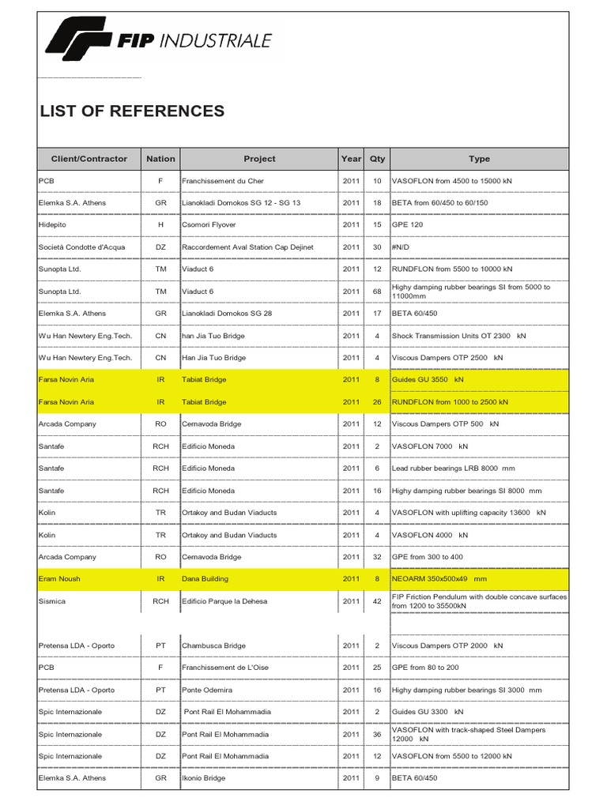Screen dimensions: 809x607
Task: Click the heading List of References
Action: (132, 111)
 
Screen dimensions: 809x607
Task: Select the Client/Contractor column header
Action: (89, 159)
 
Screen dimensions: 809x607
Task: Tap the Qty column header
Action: (377, 159)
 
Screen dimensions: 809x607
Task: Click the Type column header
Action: (479, 159)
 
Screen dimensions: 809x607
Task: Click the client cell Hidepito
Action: (53, 225)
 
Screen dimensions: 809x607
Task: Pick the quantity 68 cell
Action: (377, 292)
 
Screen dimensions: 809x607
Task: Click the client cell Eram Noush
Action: (59, 579)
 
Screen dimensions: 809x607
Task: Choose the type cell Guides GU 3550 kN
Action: (428, 380)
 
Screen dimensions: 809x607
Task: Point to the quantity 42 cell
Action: (377, 601)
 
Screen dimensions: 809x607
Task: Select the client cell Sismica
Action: (52, 601)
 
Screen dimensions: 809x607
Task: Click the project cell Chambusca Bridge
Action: (214, 645)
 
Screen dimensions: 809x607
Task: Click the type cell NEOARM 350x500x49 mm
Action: (439, 579)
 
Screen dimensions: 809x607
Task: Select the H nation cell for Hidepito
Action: (160, 225)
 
